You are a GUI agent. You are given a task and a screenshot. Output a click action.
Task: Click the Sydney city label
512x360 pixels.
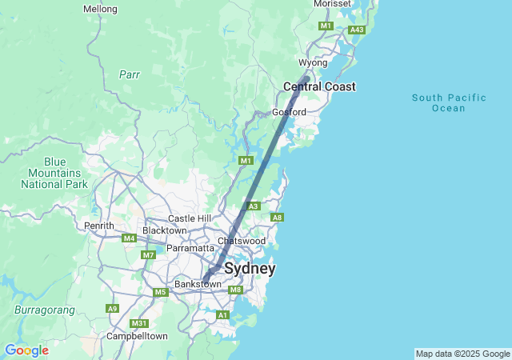point(250,269)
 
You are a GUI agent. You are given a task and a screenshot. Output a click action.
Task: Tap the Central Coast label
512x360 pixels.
point(319,86)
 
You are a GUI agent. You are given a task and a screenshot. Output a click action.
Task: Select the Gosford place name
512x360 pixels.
point(289,112)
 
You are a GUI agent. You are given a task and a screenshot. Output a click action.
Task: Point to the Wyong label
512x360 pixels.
point(313,62)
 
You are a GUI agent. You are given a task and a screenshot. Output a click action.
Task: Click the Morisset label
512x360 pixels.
point(332,4)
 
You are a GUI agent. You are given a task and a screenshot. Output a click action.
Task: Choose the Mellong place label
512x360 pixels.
point(100,10)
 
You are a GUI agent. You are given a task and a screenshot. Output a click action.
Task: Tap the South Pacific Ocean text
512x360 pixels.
point(448,102)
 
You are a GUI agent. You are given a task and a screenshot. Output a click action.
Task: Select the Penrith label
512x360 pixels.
point(100,226)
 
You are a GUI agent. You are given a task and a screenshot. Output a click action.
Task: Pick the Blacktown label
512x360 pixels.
point(164,230)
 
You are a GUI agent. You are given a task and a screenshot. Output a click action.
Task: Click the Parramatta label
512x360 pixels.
point(190,248)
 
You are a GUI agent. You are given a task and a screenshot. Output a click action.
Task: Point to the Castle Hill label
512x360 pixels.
point(190,218)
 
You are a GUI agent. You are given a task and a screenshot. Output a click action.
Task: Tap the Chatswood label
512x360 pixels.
point(242,241)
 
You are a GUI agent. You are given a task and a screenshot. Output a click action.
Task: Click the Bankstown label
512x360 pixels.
point(198,284)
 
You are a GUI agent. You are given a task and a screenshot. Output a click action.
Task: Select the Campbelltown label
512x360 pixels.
point(137,337)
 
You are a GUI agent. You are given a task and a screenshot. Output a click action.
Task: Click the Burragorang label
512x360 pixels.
point(44,310)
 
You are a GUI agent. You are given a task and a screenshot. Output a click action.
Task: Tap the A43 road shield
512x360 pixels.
point(357,30)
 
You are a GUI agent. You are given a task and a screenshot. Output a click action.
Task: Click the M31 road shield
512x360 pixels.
point(139,323)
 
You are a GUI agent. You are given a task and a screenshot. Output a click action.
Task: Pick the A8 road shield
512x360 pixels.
point(277,218)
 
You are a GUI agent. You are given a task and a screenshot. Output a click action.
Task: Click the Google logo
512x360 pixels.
point(26,350)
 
